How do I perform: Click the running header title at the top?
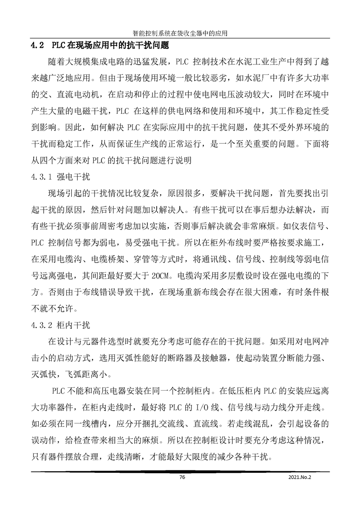click(x=180, y=33)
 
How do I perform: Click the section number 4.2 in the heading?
click(x=36, y=46)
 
